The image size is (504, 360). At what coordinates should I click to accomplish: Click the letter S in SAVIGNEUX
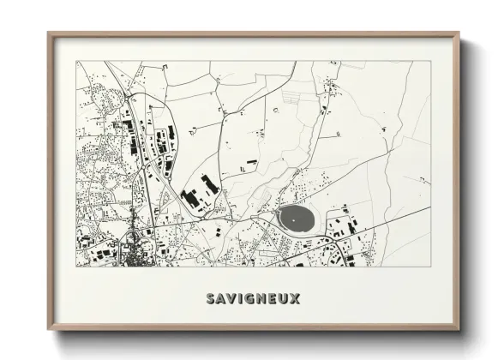pyautogui.click(x=211, y=299)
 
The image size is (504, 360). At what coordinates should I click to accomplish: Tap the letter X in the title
pyautogui.click(x=294, y=299)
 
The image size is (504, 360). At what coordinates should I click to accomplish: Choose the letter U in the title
pyautogui.click(x=283, y=299)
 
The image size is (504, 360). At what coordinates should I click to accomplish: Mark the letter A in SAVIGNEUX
pyautogui.click(x=221, y=299)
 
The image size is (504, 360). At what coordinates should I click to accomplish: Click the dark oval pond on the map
pyautogui.click(x=297, y=220)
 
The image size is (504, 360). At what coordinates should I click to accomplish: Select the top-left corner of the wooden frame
pyautogui.click(x=49, y=33)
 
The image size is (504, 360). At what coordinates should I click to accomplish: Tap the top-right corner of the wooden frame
pyautogui.click(x=459, y=33)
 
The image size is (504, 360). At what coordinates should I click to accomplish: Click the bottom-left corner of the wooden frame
pyautogui.click(x=49, y=330)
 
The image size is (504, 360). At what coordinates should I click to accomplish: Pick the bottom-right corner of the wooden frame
pyautogui.click(x=459, y=330)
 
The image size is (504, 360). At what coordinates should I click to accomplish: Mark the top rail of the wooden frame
pyautogui.click(x=254, y=34)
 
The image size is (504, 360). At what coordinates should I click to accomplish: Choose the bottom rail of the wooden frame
pyautogui.click(x=254, y=329)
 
